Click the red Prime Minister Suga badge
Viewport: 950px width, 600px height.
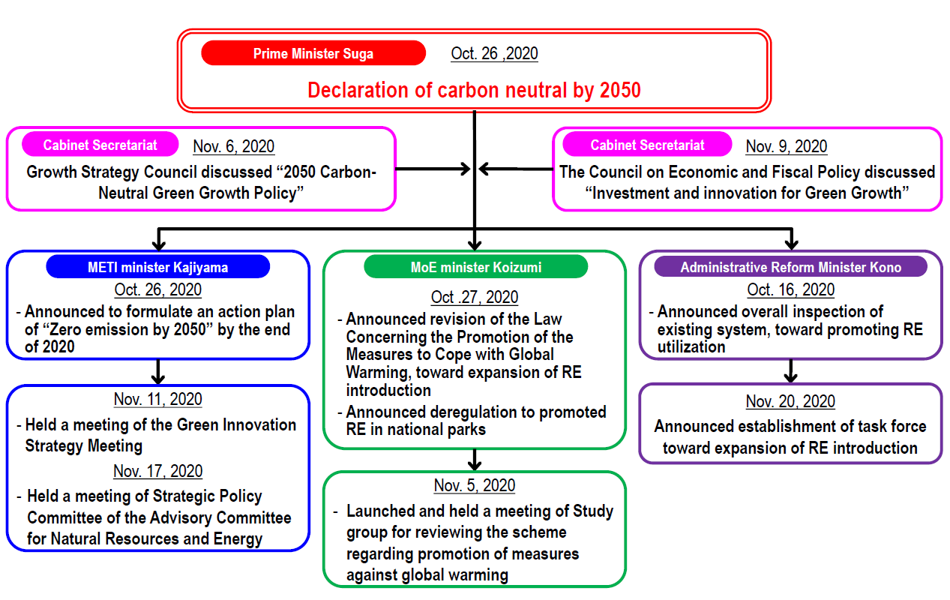pos(313,53)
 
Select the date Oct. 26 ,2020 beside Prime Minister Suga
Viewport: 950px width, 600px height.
pos(494,53)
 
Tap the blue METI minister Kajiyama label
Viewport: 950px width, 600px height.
pos(157,267)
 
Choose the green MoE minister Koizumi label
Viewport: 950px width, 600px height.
pos(475,267)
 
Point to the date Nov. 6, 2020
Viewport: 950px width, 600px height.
pos(233,146)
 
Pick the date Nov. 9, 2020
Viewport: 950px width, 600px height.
pos(787,146)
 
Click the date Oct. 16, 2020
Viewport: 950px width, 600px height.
pos(790,289)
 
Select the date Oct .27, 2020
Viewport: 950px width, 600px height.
pos(475,297)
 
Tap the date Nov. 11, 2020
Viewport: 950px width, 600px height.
pos(157,399)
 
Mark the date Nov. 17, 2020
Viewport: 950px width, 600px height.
pos(157,471)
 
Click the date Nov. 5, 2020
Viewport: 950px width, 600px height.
pos(475,485)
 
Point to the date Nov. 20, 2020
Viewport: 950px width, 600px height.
pos(790,401)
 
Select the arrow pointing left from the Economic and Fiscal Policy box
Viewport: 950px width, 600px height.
pos(516,169)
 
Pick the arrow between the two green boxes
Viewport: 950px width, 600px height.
pos(475,459)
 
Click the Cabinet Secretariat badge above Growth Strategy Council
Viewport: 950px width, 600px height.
pos(100,145)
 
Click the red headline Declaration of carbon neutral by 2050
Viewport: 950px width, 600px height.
pos(474,91)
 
